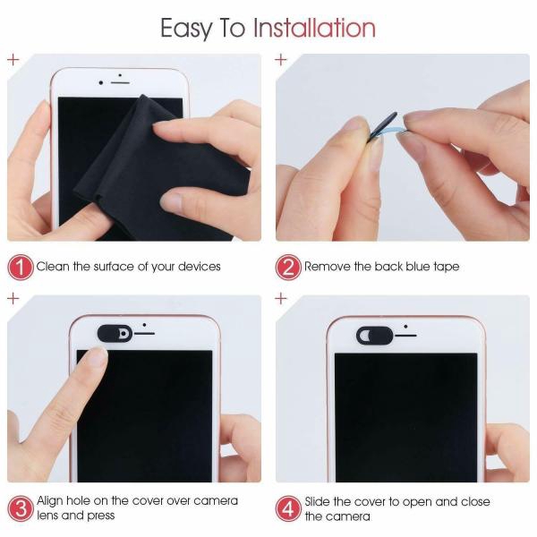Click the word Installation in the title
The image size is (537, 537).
pyautogui.click(x=314, y=28)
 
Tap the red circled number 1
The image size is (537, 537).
pyautogui.click(x=20, y=267)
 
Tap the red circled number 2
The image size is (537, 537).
pyautogui.click(x=288, y=267)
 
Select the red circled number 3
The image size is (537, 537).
pyautogui.click(x=20, y=507)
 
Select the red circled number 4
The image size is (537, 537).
pyautogui.click(x=288, y=507)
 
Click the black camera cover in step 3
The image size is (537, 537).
pyautogui.click(x=114, y=334)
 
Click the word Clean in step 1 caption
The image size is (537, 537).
pyautogui.click(x=53, y=267)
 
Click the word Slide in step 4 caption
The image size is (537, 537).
pyautogui.click(x=320, y=501)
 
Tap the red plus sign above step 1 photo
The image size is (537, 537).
pyautogui.click(x=13, y=60)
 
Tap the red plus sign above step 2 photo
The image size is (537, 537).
pyautogui.click(x=281, y=60)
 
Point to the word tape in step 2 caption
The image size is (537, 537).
pyautogui.click(x=445, y=267)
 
